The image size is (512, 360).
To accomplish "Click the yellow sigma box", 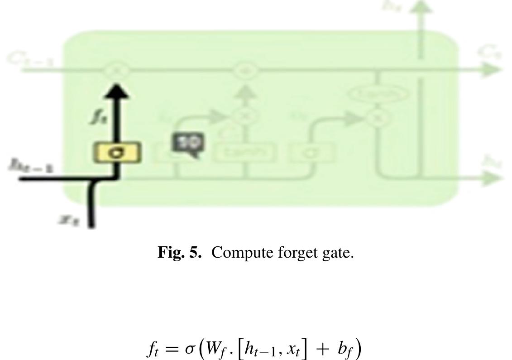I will click(x=118, y=153).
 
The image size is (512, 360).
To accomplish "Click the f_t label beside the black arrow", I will click(x=97, y=117).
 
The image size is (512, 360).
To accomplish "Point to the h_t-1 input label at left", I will click(x=31, y=166).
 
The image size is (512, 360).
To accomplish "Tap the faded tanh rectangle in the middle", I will click(x=245, y=153).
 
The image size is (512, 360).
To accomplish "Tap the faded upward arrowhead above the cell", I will click(x=421, y=6).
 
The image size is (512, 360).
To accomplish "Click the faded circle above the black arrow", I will click(x=117, y=70).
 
